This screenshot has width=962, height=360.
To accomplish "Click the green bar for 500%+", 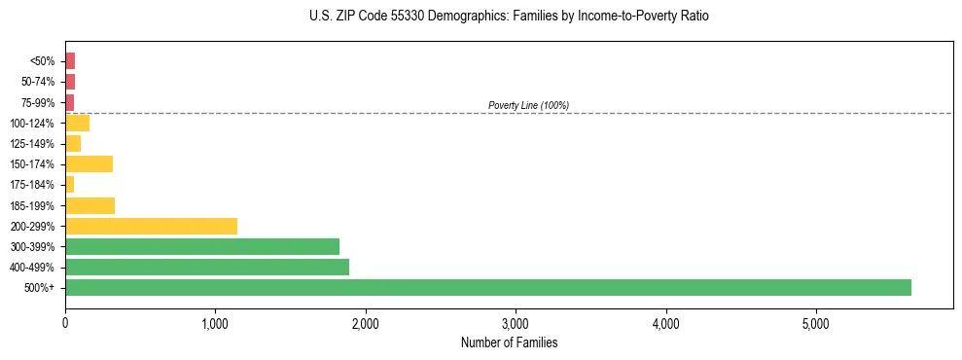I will click(x=487, y=287).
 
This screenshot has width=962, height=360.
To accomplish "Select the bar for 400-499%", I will click(x=206, y=267).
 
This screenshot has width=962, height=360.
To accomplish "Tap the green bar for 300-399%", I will click(x=201, y=246).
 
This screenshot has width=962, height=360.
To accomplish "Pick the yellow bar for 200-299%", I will click(x=151, y=226).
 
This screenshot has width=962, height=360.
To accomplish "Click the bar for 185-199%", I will click(x=89, y=205).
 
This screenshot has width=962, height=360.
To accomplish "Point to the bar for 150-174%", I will click(x=89, y=163).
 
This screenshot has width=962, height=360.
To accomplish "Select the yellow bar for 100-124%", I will click(x=77, y=123).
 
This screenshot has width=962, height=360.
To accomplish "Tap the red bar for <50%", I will click(x=70, y=60).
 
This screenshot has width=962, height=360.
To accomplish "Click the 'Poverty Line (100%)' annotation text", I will click(x=528, y=105).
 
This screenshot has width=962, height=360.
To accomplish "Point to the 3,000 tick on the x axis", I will click(x=516, y=323).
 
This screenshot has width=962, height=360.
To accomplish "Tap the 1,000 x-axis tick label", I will click(x=215, y=323).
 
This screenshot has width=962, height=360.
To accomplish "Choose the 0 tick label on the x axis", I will click(x=65, y=323).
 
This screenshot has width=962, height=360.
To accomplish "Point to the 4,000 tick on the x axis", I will click(x=665, y=323).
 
